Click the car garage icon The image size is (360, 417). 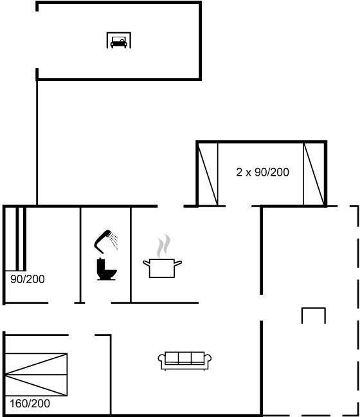tap(119, 40)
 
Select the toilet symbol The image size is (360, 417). tap(106, 269)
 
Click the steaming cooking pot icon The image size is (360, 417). tap(163, 256)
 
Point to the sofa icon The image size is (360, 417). tap(184, 360)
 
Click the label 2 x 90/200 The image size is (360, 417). tap(262, 172)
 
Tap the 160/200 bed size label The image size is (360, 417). tap(30, 403)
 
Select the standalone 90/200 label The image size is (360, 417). tap(28, 279)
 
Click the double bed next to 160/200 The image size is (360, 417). tap(36, 375)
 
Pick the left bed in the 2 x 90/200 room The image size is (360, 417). tap(208, 174)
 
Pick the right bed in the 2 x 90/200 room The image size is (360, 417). tap(314, 174)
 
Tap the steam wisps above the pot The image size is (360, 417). tap(163, 245)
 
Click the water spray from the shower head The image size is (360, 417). tap(114, 241)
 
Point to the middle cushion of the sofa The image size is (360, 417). tap(184, 358)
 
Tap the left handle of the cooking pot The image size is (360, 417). tap(147, 263)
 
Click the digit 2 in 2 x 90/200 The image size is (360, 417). tap(239, 172)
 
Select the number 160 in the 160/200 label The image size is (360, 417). tap(19, 403)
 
